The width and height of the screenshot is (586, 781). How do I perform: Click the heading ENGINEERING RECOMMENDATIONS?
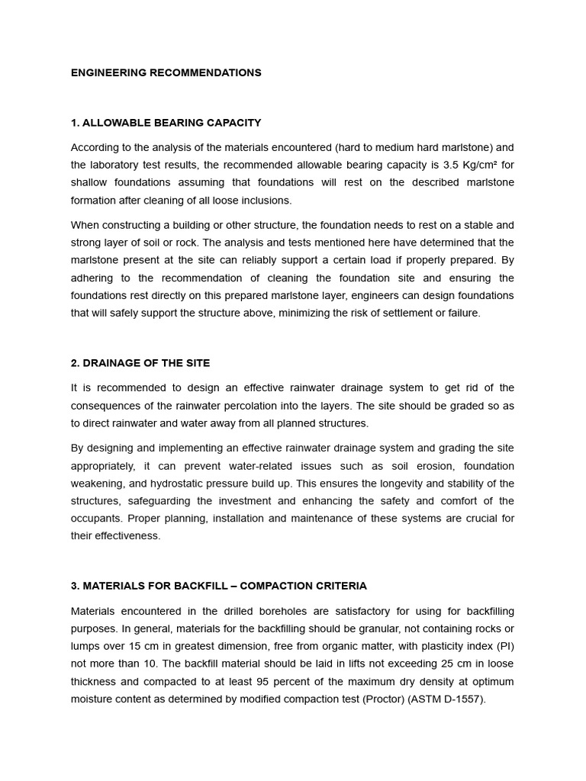coord(166,72)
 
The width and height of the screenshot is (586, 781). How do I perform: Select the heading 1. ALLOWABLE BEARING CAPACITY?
coord(166,122)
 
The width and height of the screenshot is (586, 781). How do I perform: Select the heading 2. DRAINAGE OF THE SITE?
coord(140,362)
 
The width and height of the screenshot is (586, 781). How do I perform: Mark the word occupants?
coord(98,519)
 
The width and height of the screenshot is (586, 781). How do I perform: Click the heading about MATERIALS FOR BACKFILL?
coord(218,586)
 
